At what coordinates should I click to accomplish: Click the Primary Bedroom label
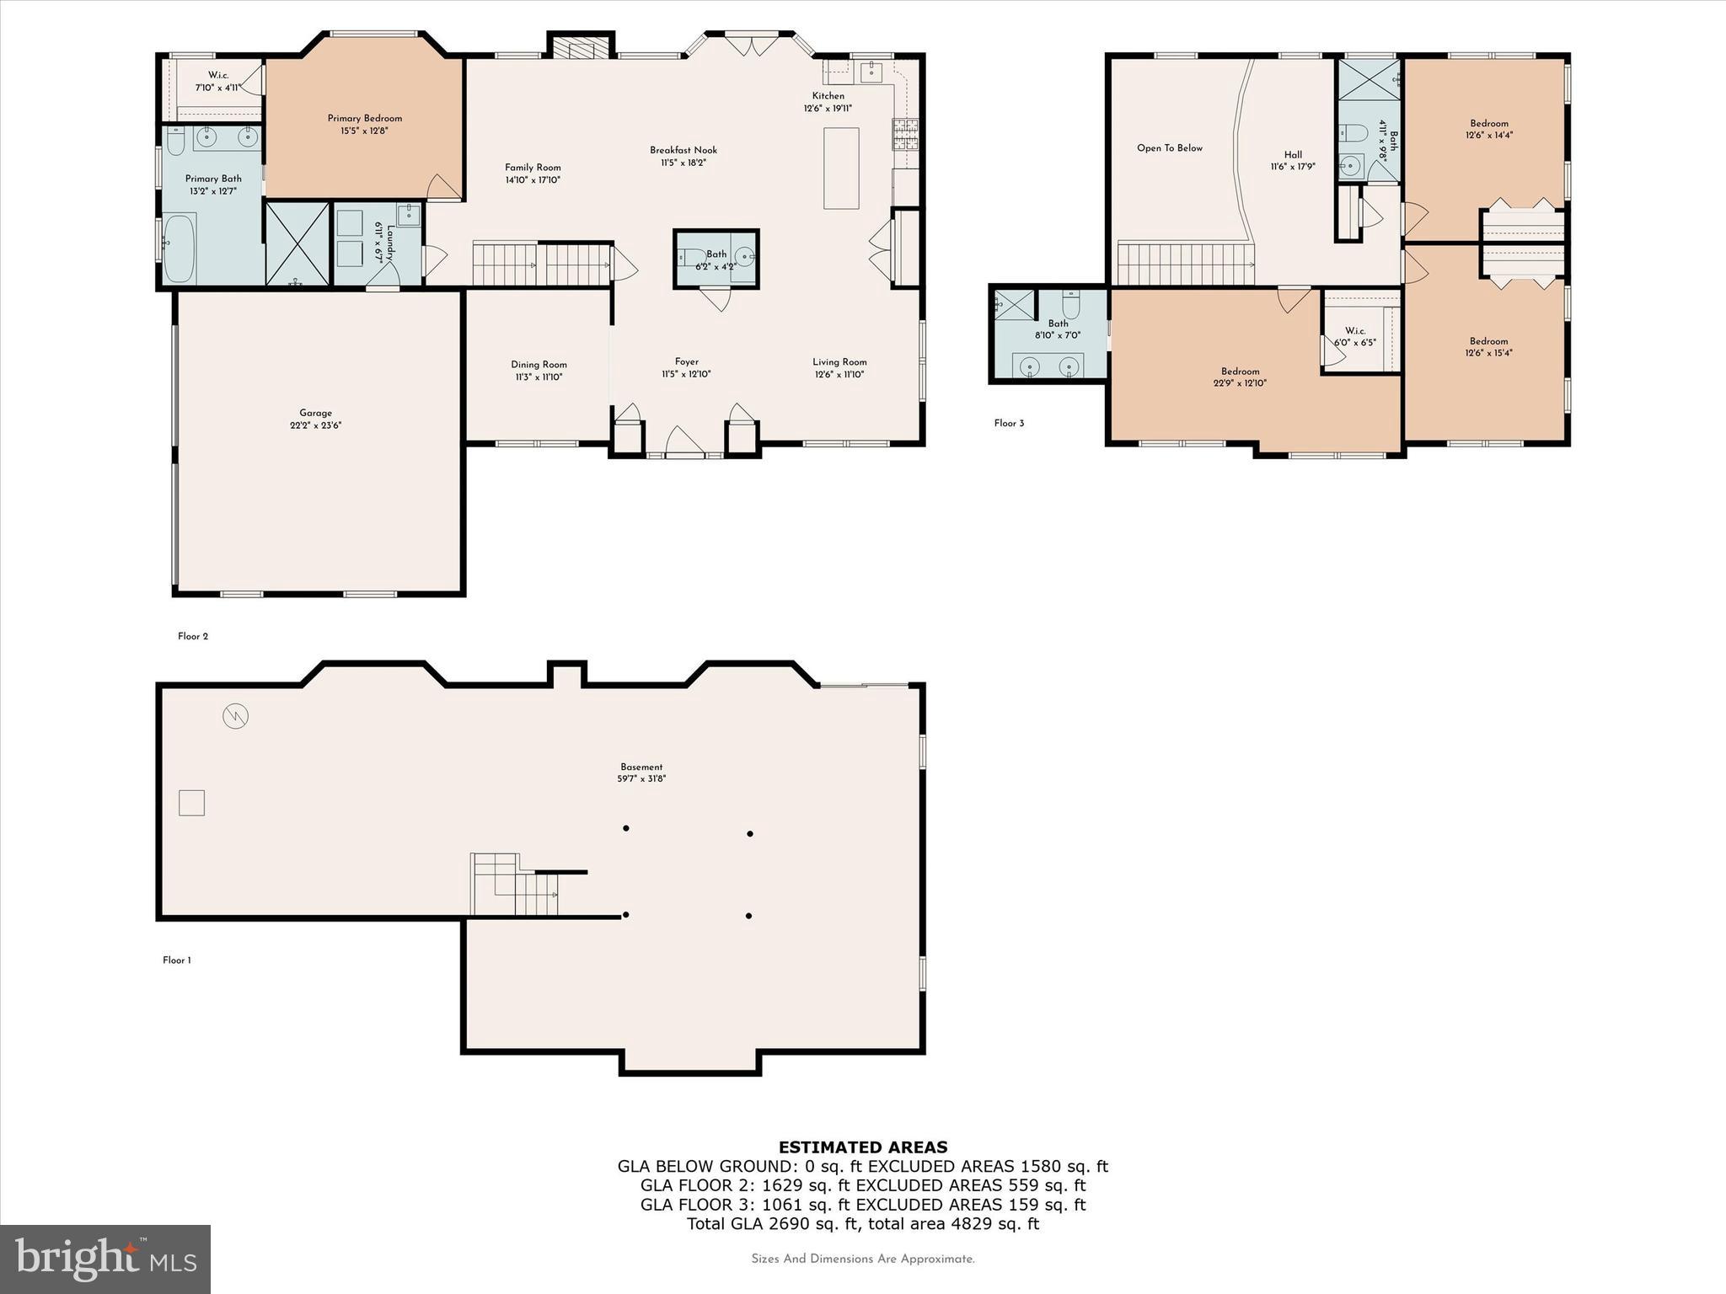[x=364, y=119]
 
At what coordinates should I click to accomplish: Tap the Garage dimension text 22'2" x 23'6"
[x=315, y=425]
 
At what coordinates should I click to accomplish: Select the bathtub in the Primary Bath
[x=180, y=248]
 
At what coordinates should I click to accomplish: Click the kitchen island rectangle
[x=841, y=168]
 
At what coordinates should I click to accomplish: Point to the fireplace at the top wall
[x=582, y=50]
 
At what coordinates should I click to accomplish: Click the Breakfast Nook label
[x=683, y=151]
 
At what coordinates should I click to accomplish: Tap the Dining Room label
[x=539, y=365]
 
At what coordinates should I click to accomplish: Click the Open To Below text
[x=1169, y=148]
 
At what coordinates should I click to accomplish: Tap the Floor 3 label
[x=1009, y=423]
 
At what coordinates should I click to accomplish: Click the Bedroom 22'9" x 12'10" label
[x=1240, y=372]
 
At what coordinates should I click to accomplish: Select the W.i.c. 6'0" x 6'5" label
[x=1354, y=331]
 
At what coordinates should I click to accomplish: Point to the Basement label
[x=641, y=767]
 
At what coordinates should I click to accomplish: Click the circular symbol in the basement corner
[x=235, y=717]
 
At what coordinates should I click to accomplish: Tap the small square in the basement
[x=192, y=803]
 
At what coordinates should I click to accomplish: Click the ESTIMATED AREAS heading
[x=863, y=1147]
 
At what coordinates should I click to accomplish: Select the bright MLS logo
[x=105, y=1259]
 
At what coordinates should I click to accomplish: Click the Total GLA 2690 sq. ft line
[x=863, y=1223]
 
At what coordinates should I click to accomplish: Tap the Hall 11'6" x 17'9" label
[x=1293, y=155]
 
